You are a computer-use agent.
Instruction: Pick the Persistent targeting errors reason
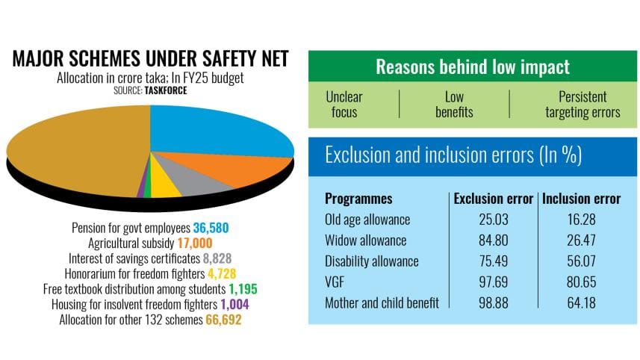pos(582,105)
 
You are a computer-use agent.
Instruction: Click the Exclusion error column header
pos(494,199)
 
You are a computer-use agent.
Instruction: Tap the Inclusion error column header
pos(581,199)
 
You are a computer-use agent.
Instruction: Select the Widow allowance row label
pos(365,240)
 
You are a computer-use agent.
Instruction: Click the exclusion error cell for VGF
pos(494,282)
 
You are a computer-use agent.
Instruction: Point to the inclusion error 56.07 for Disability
pos(581,261)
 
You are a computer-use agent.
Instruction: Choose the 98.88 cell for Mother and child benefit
pos(494,303)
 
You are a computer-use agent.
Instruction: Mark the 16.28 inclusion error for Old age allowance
pos(581,220)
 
